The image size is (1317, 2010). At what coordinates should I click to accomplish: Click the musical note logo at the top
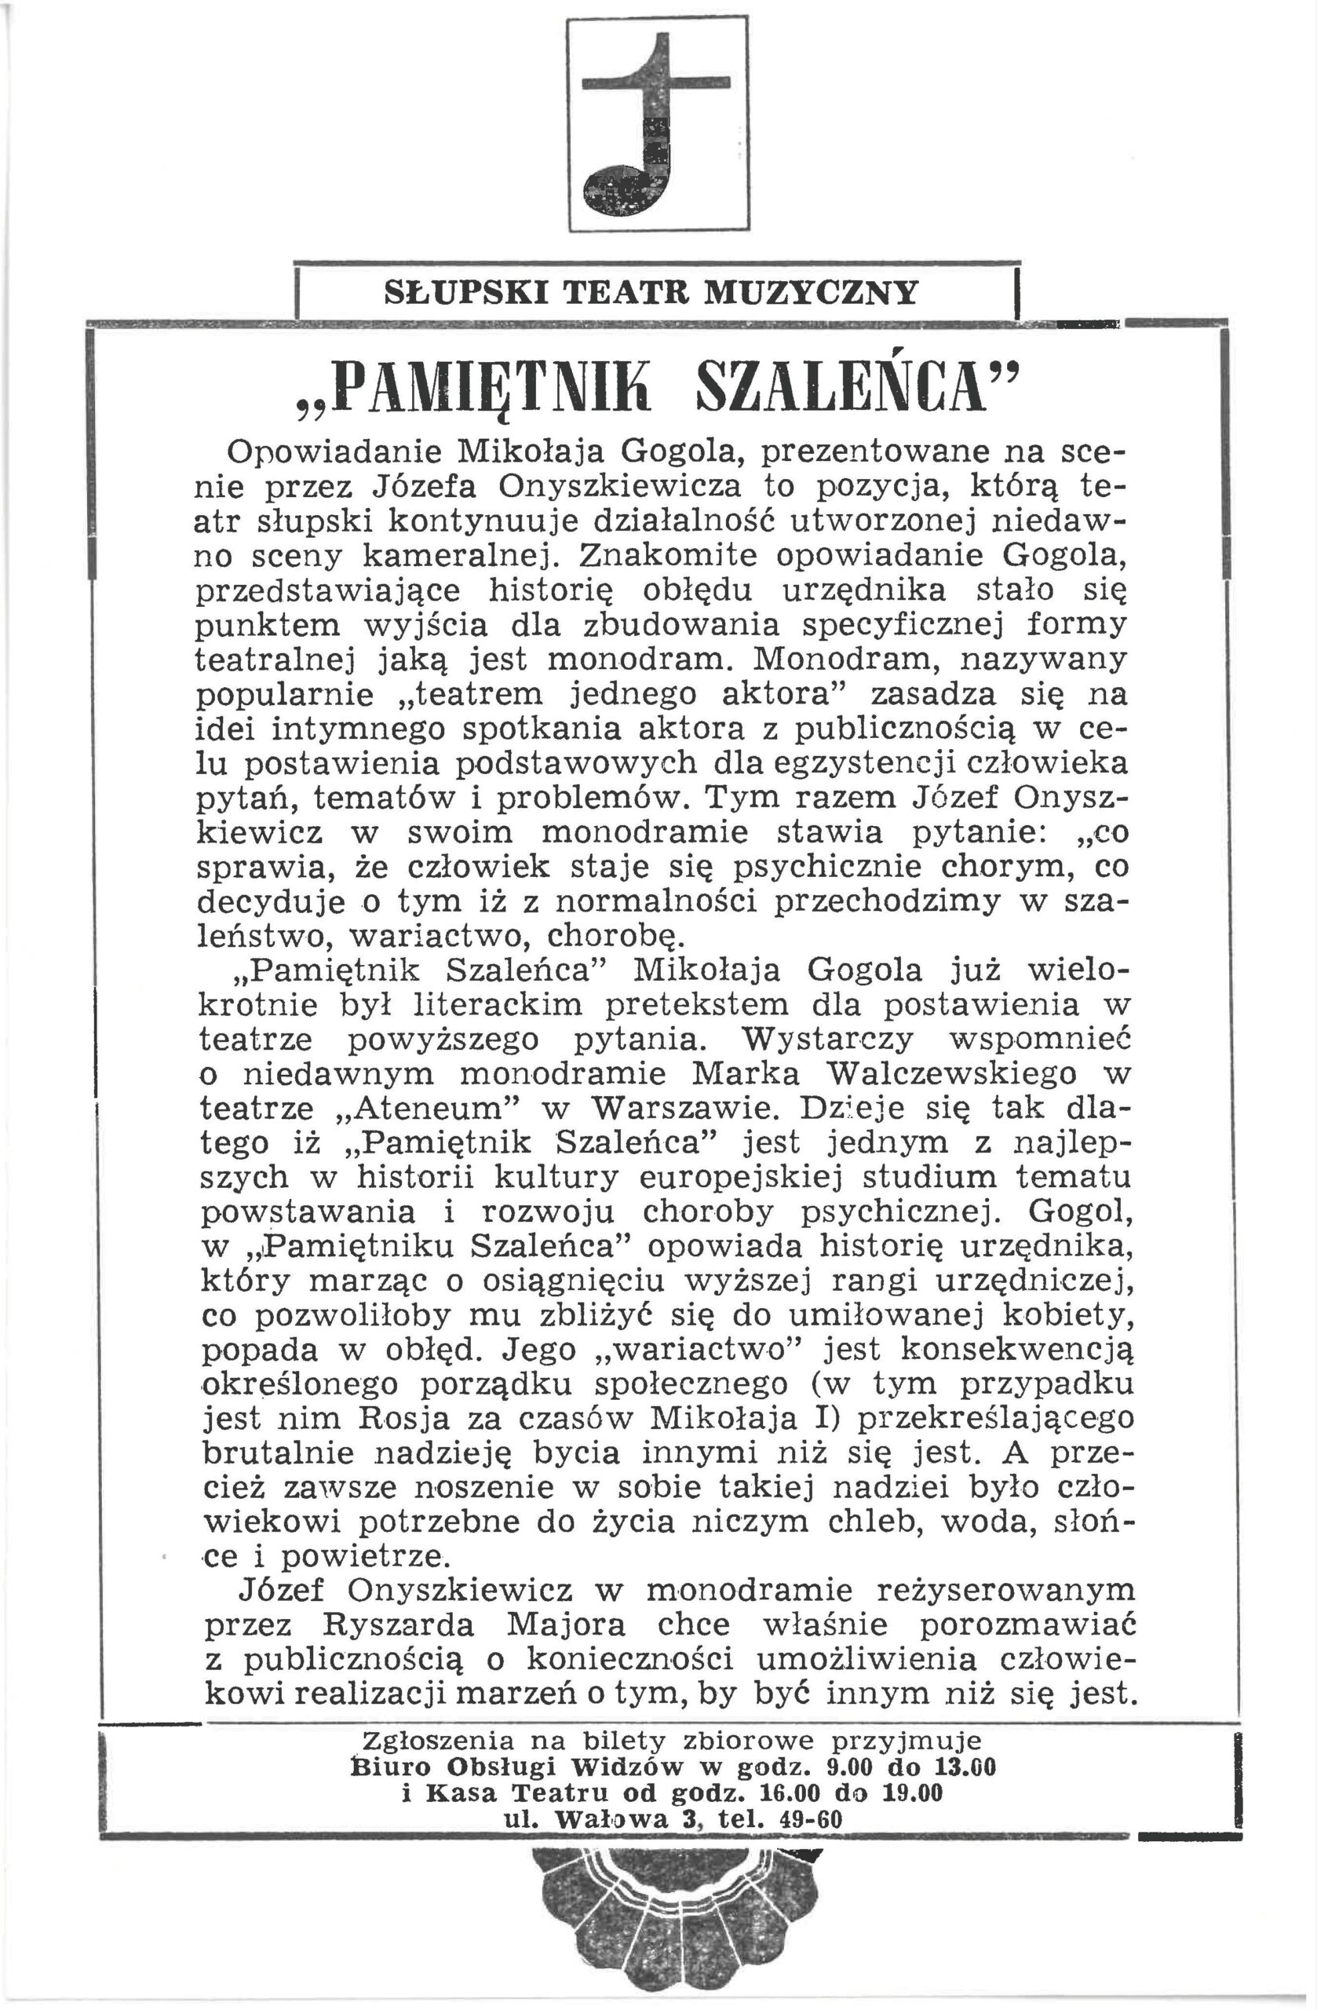point(658,123)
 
